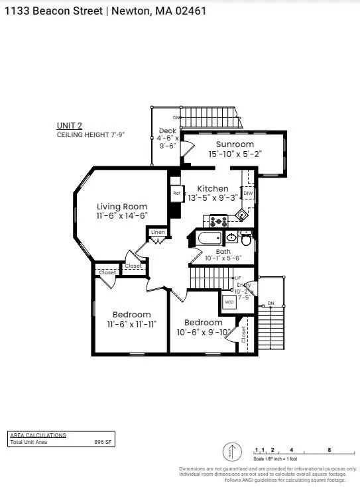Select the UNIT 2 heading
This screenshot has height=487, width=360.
pos(70,126)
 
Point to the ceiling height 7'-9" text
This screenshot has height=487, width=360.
pos(90,135)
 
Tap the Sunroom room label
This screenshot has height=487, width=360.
pos(235,144)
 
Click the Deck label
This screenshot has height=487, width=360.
pos(167,131)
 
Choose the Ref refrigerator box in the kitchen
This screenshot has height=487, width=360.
pos(176,193)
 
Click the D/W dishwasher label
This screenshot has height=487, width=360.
pos(248,193)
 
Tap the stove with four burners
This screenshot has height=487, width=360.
pos(219,220)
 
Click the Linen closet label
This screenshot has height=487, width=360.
pos(158,233)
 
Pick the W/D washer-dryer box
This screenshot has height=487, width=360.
pos(229,301)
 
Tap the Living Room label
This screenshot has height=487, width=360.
pos(122,207)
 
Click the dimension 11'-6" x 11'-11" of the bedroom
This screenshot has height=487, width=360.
pos(131,324)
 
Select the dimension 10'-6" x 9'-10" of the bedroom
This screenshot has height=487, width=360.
pos(203,332)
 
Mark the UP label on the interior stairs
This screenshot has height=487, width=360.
pos(237,278)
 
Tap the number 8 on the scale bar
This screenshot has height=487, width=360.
pos(330,450)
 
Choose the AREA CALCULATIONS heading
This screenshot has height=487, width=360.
pos(38,435)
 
